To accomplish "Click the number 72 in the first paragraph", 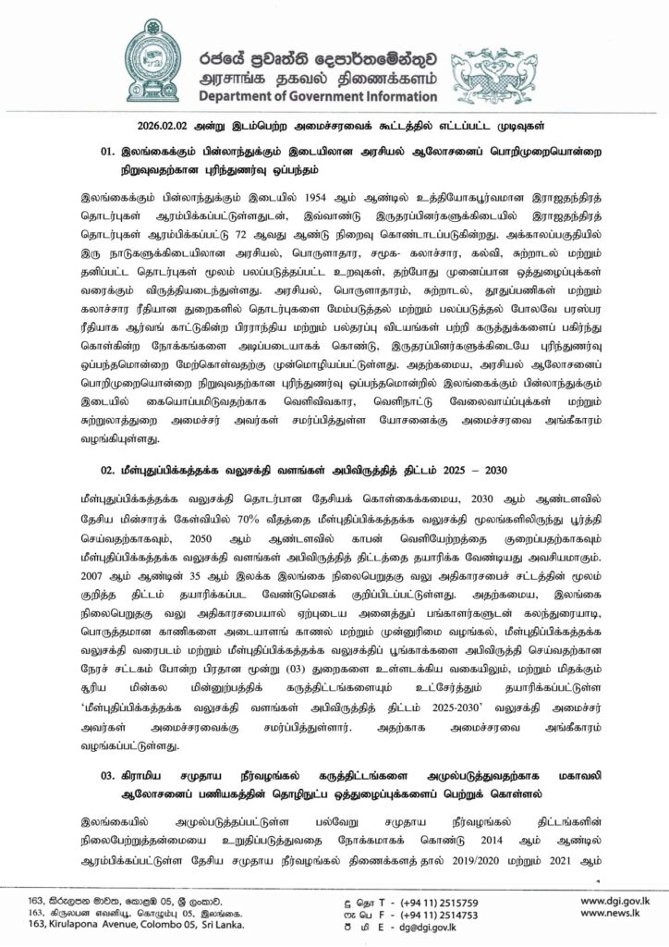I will click(282, 236).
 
